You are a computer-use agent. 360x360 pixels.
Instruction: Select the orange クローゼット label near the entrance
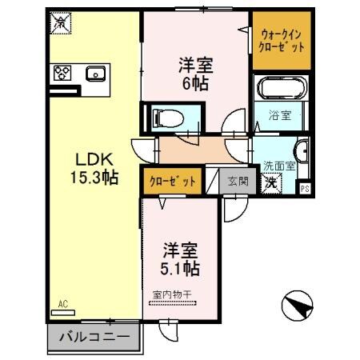(x=172, y=182)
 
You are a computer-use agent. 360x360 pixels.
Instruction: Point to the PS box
(x=305, y=188)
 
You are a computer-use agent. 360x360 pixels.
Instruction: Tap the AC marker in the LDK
(x=63, y=304)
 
